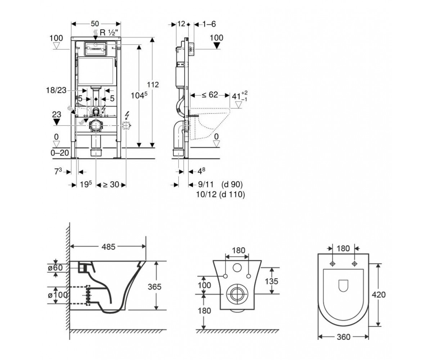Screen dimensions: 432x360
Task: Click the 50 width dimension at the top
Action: point(95,24)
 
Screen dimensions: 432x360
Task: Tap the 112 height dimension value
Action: point(153,85)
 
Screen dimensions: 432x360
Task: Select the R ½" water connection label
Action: point(109,32)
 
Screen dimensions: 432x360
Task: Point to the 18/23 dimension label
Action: point(56,90)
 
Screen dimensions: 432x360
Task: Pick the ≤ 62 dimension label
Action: point(210,95)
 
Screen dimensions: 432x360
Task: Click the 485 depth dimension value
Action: point(108,247)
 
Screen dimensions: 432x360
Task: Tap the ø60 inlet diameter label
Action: point(55,267)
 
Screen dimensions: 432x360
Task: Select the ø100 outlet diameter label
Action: point(58,295)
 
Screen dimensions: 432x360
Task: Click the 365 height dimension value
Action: point(154,287)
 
